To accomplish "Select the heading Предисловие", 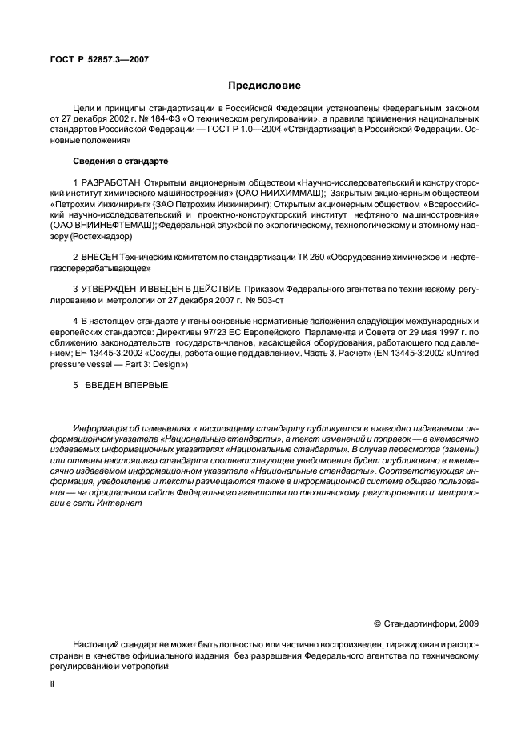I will click(264, 85).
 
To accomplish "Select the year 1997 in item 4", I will click(447, 330).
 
